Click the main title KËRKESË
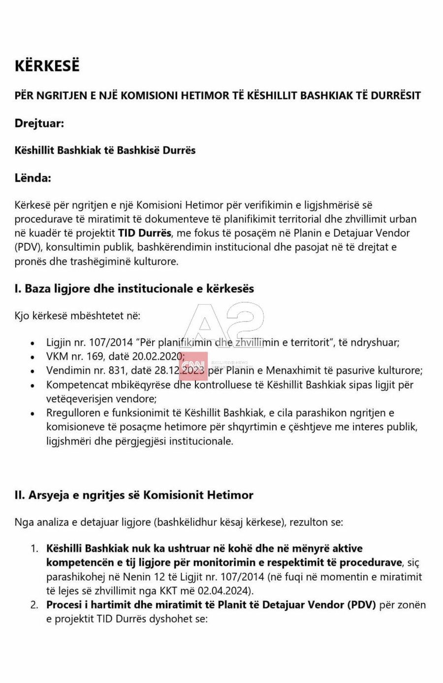click(47, 66)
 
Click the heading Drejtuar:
click(39, 123)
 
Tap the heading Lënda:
click(32, 178)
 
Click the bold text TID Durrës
click(145, 232)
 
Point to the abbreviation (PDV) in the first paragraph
click(28, 247)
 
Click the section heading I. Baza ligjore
click(134, 289)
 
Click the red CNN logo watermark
click(193, 366)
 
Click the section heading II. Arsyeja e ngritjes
click(134, 495)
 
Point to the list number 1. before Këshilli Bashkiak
click(34, 548)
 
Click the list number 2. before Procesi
click(34, 605)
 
